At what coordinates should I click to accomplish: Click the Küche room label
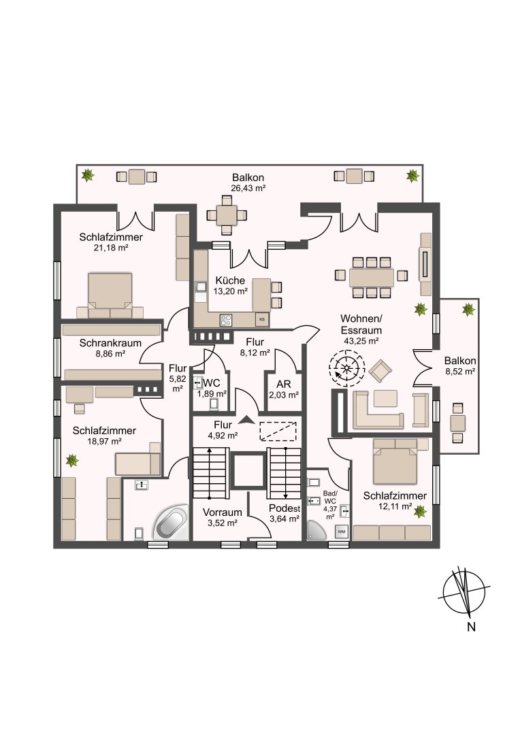click(230, 280)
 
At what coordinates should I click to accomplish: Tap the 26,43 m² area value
click(248, 189)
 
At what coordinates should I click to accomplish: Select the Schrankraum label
click(110, 343)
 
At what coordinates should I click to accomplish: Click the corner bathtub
click(171, 523)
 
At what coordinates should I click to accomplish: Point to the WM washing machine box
click(342, 532)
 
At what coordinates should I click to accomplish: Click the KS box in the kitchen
click(262, 320)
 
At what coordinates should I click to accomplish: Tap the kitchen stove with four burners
click(226, 320)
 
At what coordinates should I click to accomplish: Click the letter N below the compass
click(471, 627)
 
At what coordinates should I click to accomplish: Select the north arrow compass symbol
click(464, 591)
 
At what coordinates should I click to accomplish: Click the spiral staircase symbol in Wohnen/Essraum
click(346, 368)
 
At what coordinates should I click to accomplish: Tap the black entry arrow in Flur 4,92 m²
click(247, 419)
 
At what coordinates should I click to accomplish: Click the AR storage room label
click(284, 384)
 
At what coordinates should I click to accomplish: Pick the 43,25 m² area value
click(361, 341)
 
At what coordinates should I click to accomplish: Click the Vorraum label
click(223, 512)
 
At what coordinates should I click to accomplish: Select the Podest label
click(285, 508)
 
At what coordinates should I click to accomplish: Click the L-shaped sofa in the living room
click(378, 410)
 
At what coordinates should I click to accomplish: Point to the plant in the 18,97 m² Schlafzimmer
click(71, 460)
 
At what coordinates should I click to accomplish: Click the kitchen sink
click(201, 287)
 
